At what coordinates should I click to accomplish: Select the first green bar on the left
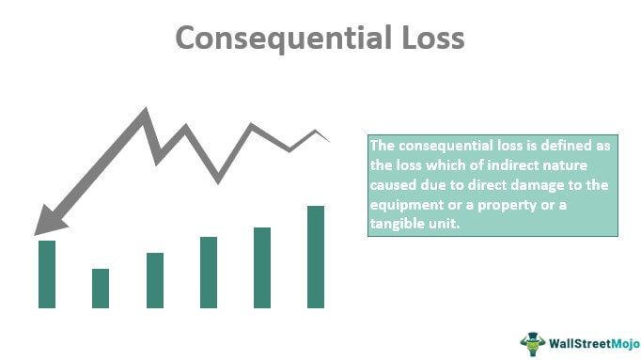point(47,274)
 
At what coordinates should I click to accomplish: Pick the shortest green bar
point(101,288)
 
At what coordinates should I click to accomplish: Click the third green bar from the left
point(155,280)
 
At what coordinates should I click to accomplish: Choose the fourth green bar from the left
point(209,272)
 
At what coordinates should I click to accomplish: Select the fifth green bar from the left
point(262,267)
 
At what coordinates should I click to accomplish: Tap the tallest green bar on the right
point(316,257)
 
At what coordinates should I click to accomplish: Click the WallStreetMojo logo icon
point(534,342)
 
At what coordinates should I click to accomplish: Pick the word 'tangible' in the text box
point(397,227)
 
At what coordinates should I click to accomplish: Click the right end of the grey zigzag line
point(329,141)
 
